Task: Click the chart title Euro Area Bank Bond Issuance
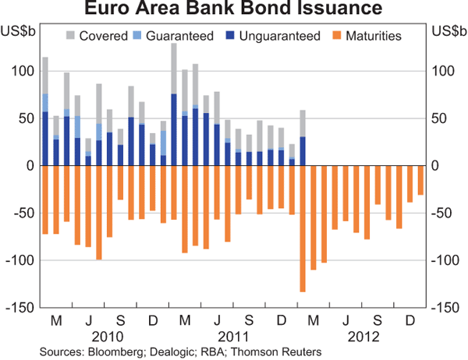[233, 9]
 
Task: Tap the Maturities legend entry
[362, 36]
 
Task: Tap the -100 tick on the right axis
[443, 260]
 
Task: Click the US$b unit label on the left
[21, 32]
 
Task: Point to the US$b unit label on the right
[447, 32]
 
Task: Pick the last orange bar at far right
[420, 180]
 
